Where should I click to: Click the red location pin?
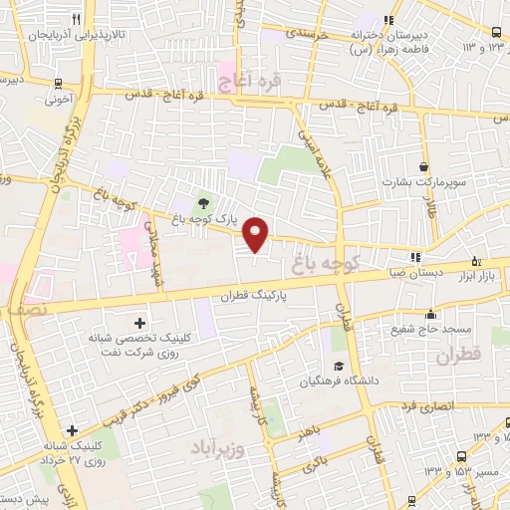(257, 233)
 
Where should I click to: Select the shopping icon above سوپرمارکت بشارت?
(425, 166)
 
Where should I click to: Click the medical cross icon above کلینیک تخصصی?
(138, 323)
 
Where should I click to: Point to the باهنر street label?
(304, 432)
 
